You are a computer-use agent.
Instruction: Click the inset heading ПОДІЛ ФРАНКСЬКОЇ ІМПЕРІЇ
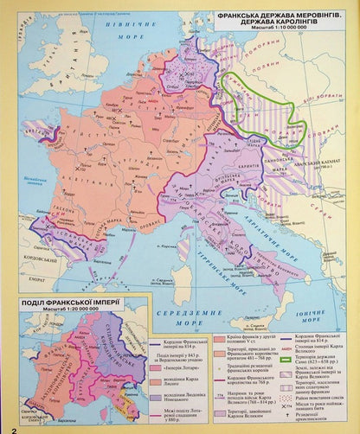point(73,300)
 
